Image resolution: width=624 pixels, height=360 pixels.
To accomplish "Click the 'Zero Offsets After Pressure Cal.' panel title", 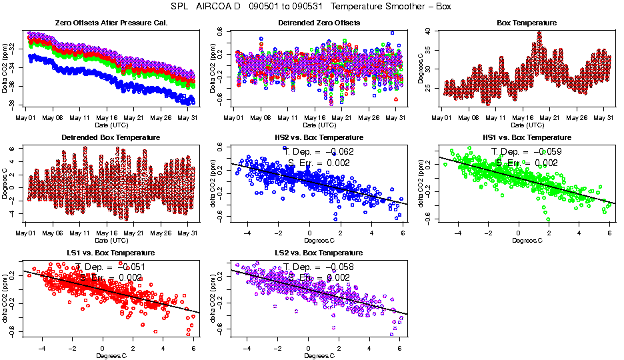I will click(x=107, y=23).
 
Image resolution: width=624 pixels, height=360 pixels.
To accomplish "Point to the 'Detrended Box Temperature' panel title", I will click(x=107, y=138).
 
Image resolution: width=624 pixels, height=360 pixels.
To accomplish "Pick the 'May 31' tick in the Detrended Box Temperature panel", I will click(x=190, y=233).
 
